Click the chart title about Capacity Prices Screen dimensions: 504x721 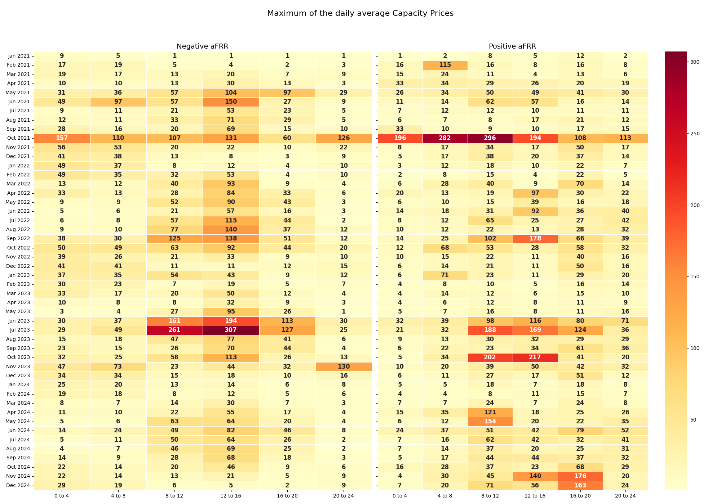[x=360, y=13]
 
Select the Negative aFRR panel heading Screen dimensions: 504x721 [x=202, y=46]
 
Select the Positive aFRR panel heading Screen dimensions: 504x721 [x=512, y=46]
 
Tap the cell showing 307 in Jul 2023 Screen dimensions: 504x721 [x=231, y=330]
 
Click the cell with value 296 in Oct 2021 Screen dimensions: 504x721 [x=490, y=138]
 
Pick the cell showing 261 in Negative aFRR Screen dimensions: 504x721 [x=174, y=330]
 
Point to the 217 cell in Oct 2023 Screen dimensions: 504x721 [x=535, y=357]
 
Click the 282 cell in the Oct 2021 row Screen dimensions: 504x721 [x=445, y=138]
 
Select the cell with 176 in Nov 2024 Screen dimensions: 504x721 [x=580, y=476]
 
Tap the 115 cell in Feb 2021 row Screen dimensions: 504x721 [x=445, y=65]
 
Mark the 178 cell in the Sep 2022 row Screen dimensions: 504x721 [x=535, y=239]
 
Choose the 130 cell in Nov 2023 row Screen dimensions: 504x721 [x=344, y=367]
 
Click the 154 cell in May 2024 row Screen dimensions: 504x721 [x=490, y=422]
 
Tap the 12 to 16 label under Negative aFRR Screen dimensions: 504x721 [x=231, y=496]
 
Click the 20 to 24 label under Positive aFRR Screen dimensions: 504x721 [x=625, y=496]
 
